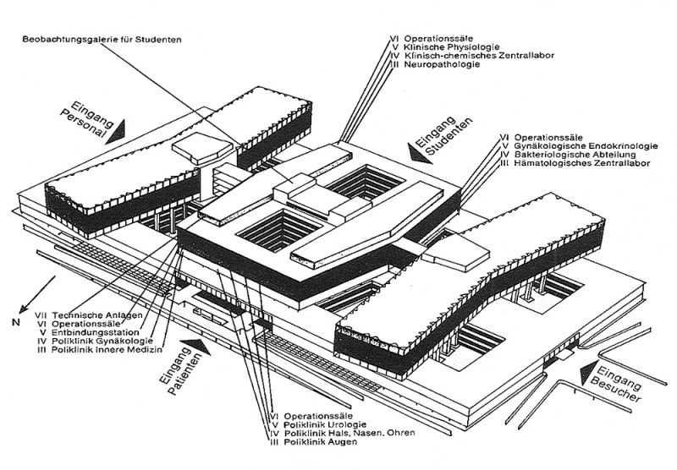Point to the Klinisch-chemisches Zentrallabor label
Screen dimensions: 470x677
(474, 56)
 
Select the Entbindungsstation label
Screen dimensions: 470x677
(91, 332)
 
